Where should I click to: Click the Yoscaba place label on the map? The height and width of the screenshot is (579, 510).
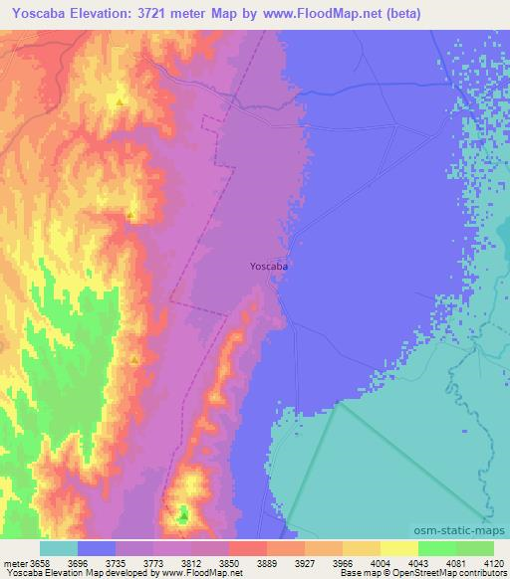(x=269, y=267)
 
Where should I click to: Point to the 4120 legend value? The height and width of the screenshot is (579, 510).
(x=494, y=563)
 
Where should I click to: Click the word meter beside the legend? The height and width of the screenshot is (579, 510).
(x=15, y=563)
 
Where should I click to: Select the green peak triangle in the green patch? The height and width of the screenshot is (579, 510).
(x=182, y=516)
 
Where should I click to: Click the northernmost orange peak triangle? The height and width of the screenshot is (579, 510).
(x=121, y=102)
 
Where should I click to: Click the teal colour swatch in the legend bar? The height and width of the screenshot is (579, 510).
(x=58, y=548)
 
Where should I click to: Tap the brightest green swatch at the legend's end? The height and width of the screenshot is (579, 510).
(x=475, y=548)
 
